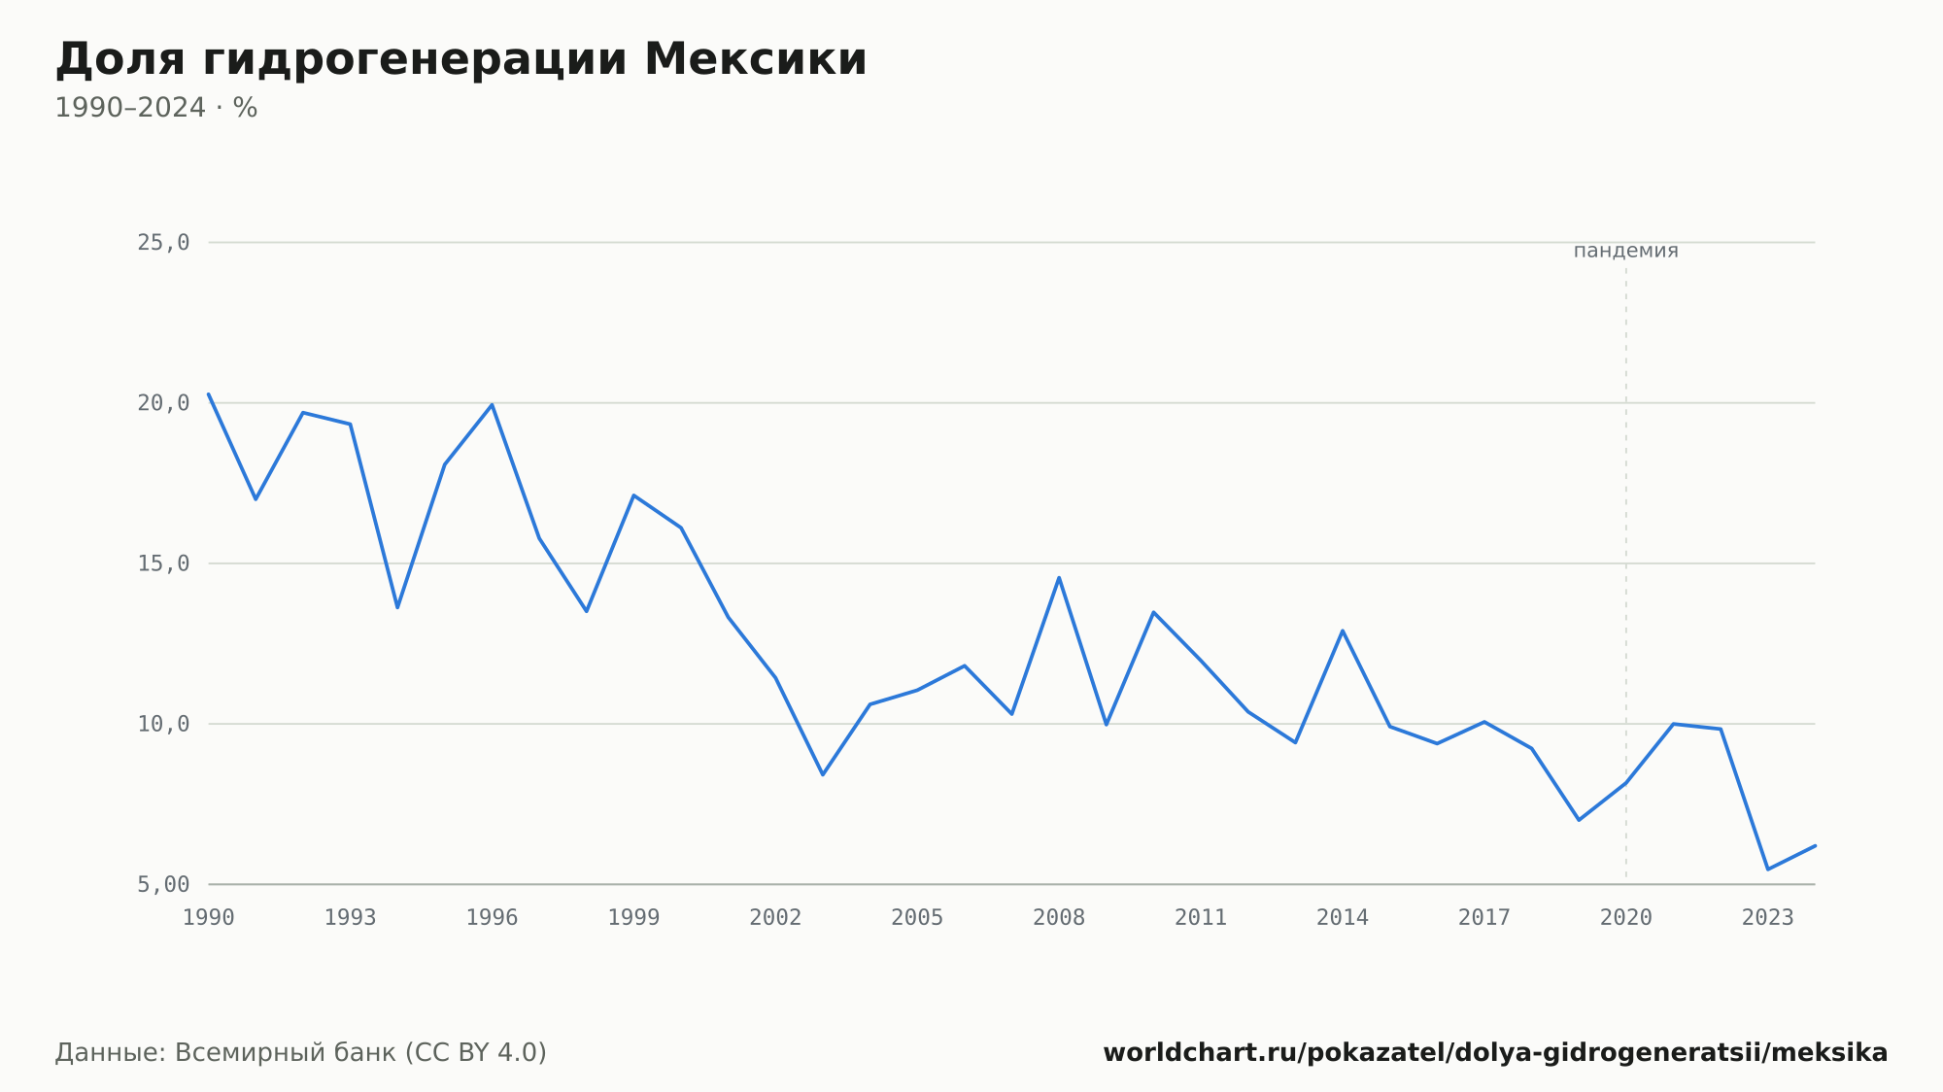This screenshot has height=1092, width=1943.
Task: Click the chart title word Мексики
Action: (x=755, y=59)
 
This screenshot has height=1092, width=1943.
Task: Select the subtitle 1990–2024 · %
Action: (x=156, y=108)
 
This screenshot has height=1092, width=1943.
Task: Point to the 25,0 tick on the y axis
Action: (x=163, y=243)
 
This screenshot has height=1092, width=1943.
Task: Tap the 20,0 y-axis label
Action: (x=163, y=403)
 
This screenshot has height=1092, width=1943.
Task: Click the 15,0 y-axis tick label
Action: (x=163, y=563)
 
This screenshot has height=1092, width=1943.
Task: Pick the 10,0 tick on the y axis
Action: (x=163, y=724)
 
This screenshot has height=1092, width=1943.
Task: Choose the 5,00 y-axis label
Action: (x=163, y=884)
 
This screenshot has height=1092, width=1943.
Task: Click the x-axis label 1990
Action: (x=209, y=918)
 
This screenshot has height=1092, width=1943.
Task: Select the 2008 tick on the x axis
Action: (x=1059, y=918)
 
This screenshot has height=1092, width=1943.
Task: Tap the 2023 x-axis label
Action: (x=1768, y=918)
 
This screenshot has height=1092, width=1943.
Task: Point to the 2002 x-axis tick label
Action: (x=775, y=918)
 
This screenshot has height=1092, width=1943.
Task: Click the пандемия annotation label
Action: (x=1626, y=251)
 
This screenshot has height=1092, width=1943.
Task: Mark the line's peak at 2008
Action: (x=1059, y=577)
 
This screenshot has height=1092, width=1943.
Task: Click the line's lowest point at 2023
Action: (x=1768, y=869)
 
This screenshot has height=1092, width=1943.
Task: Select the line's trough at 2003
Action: (x=823, y=774)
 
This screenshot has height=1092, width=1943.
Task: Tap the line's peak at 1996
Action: (x=492, y=404)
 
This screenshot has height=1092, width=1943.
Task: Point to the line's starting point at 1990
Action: (x=209, y=394)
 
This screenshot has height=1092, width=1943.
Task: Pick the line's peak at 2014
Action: (x=1343, y=631)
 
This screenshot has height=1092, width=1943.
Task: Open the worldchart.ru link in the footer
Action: (x=1495, y=1053)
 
